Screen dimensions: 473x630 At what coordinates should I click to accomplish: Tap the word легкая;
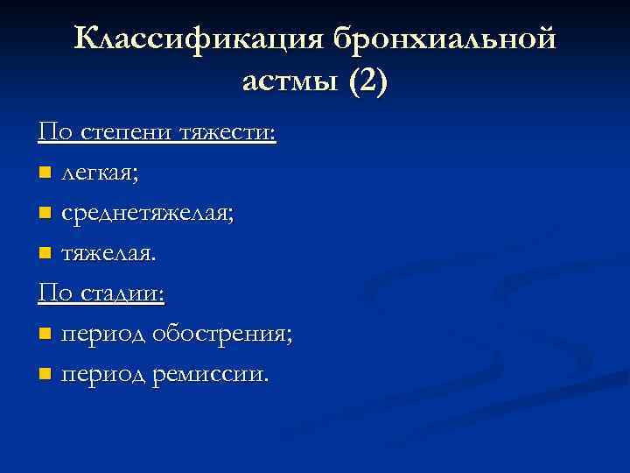99,173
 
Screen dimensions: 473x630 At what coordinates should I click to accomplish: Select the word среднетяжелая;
147,214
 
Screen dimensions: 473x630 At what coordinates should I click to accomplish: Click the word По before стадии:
55,293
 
